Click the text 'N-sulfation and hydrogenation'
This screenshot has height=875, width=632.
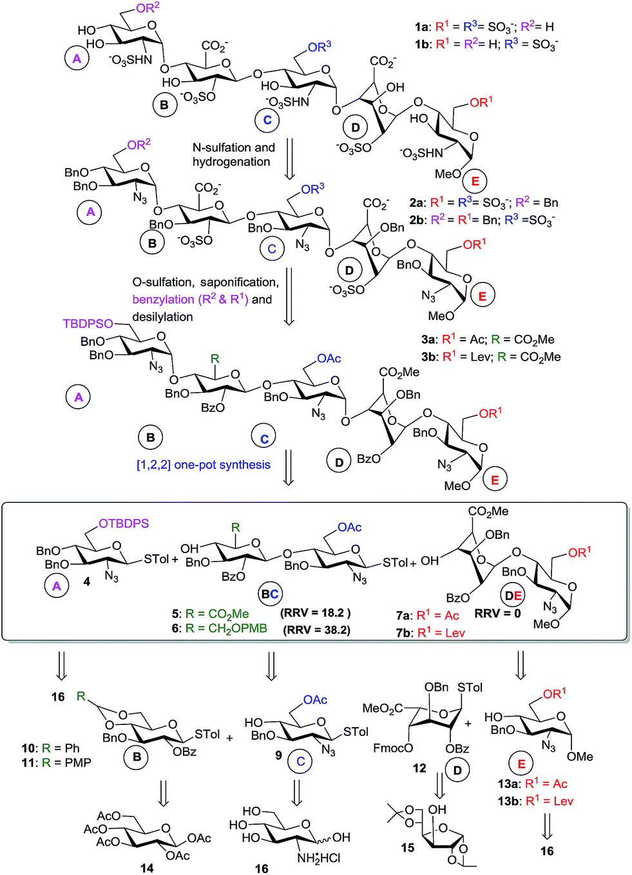tap(233, 155)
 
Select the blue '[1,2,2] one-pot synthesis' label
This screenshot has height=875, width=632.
tap(203, 465)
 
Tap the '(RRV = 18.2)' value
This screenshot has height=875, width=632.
tap(316, 612)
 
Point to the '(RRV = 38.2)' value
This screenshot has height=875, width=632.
tap(317, 630)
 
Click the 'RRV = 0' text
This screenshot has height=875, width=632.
tap(497, 614)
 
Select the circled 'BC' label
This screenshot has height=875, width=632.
tap(269, 594)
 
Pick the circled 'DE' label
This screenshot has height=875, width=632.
tap(513, 596)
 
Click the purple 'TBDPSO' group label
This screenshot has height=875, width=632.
tap(88, 324)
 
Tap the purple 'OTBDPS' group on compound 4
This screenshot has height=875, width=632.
tap(124, 523)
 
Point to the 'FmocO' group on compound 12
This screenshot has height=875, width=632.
tap(393, 748)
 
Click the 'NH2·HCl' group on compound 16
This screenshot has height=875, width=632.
tap(319, 858)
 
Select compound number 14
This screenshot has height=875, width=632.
tap(147, 868)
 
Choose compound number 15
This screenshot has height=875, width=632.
tap(408, 847)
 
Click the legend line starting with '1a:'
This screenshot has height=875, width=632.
tap(484, 26)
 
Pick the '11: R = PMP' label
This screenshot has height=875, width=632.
tap(56, 762)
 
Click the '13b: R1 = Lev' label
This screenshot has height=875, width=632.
tap(535, 801)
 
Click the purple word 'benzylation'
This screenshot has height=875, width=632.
tap(163, 299)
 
